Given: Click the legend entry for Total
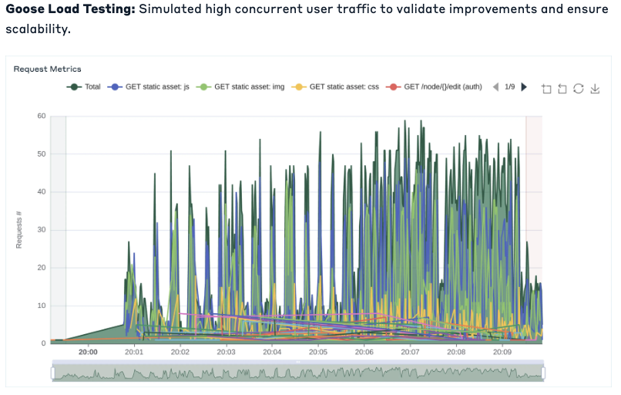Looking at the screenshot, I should tap(85, 87).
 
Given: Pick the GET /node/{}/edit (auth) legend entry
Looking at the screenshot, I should tap(435, 87).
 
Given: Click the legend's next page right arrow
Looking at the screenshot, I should tap(525, 87).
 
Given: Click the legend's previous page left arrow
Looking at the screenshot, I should tap(495, 87).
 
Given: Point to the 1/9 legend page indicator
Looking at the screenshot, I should tap(510, 87).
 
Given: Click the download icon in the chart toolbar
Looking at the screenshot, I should tap(595, 89).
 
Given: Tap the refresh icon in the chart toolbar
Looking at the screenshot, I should tap(579, 89).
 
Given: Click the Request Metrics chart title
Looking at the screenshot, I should tap(47, 69).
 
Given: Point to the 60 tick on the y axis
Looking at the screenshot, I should tap(42, 116).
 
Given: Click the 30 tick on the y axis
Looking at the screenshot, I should tap(42, 230).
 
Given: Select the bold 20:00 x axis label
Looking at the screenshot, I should tap(88, 352).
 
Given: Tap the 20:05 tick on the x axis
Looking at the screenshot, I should tap(317, 352).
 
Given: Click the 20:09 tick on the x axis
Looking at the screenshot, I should tap(502, 352).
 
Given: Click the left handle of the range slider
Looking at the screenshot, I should tap(52, 373).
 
